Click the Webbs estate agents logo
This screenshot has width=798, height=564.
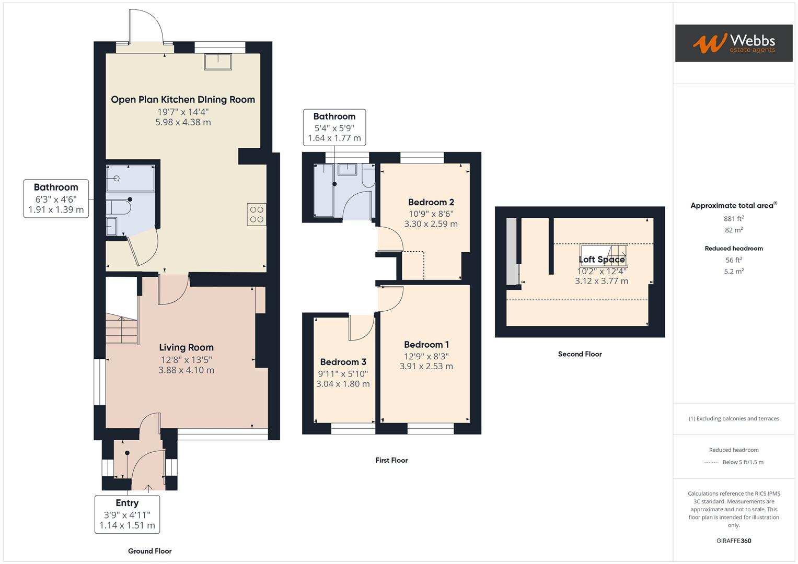734,43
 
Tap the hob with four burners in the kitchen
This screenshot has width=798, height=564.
257,214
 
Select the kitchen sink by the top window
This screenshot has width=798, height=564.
218,62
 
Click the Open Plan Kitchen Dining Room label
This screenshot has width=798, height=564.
183,99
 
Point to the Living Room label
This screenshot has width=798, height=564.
187,347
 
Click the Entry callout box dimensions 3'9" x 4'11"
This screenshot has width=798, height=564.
127,515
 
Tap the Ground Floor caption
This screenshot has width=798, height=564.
149,551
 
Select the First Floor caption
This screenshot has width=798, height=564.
391,460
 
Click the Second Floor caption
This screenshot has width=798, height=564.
580,354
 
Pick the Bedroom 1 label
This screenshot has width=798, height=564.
426,344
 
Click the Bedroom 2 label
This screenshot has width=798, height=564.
431,202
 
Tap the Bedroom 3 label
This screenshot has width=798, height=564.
343,362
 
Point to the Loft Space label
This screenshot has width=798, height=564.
602,259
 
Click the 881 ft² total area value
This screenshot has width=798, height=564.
734,219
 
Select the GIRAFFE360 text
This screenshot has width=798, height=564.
734,540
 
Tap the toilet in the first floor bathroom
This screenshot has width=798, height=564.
368,176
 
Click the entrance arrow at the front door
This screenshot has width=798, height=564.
148,488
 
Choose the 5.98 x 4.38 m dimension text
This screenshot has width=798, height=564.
183,122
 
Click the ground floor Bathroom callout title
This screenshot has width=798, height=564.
56,187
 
